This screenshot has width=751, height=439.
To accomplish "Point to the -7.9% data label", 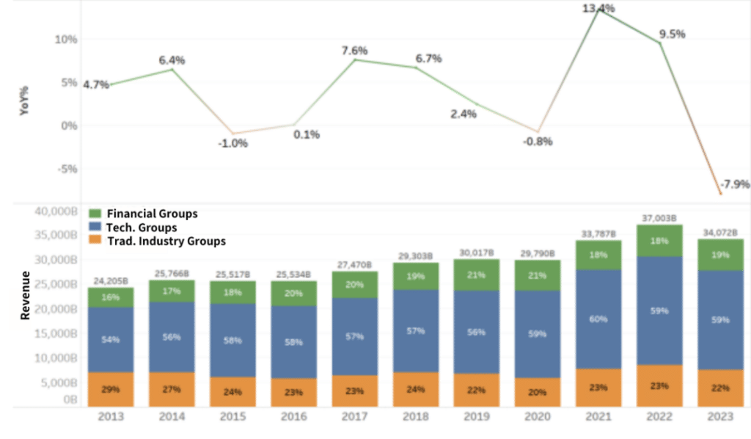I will (733, 184).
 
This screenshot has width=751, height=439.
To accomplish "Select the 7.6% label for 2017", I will (355, 51).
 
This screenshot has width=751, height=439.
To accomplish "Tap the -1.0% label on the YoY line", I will (232, 143).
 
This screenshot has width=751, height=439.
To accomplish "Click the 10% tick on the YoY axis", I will (66, 39).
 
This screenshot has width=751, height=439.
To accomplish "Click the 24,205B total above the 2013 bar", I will (110, 280).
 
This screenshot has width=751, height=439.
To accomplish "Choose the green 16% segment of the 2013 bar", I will (110, 297).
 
